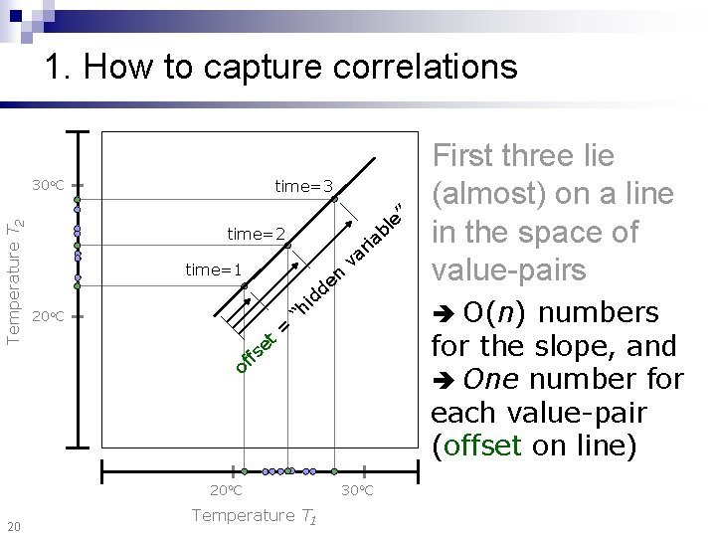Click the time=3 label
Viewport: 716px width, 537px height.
(303, 186)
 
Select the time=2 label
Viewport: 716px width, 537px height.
(257, 235)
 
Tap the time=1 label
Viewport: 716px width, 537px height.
(214, 269)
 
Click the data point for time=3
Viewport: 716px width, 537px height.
(335, 199)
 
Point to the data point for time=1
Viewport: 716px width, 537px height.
(244, 286)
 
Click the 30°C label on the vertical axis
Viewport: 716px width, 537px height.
(47, 185)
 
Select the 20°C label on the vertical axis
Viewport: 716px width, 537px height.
(47, 316)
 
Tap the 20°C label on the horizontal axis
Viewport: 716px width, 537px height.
(227, 490)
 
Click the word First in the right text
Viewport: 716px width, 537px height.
(467, 156)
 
